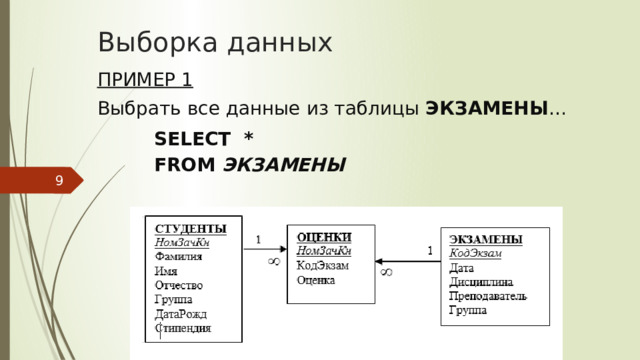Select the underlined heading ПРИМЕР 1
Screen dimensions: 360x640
145,80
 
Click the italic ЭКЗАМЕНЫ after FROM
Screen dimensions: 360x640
284,164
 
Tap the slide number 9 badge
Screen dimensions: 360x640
59,181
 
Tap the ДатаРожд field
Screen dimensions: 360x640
180,313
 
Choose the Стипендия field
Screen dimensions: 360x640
182,327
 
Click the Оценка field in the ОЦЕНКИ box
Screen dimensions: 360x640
316,280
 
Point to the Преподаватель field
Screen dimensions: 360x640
488,296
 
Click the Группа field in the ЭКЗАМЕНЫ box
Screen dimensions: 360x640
468,311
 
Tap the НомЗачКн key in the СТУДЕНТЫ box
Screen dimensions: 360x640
181,241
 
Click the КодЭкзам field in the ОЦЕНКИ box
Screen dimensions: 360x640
323,265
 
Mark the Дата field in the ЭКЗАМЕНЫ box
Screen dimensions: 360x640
462,268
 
